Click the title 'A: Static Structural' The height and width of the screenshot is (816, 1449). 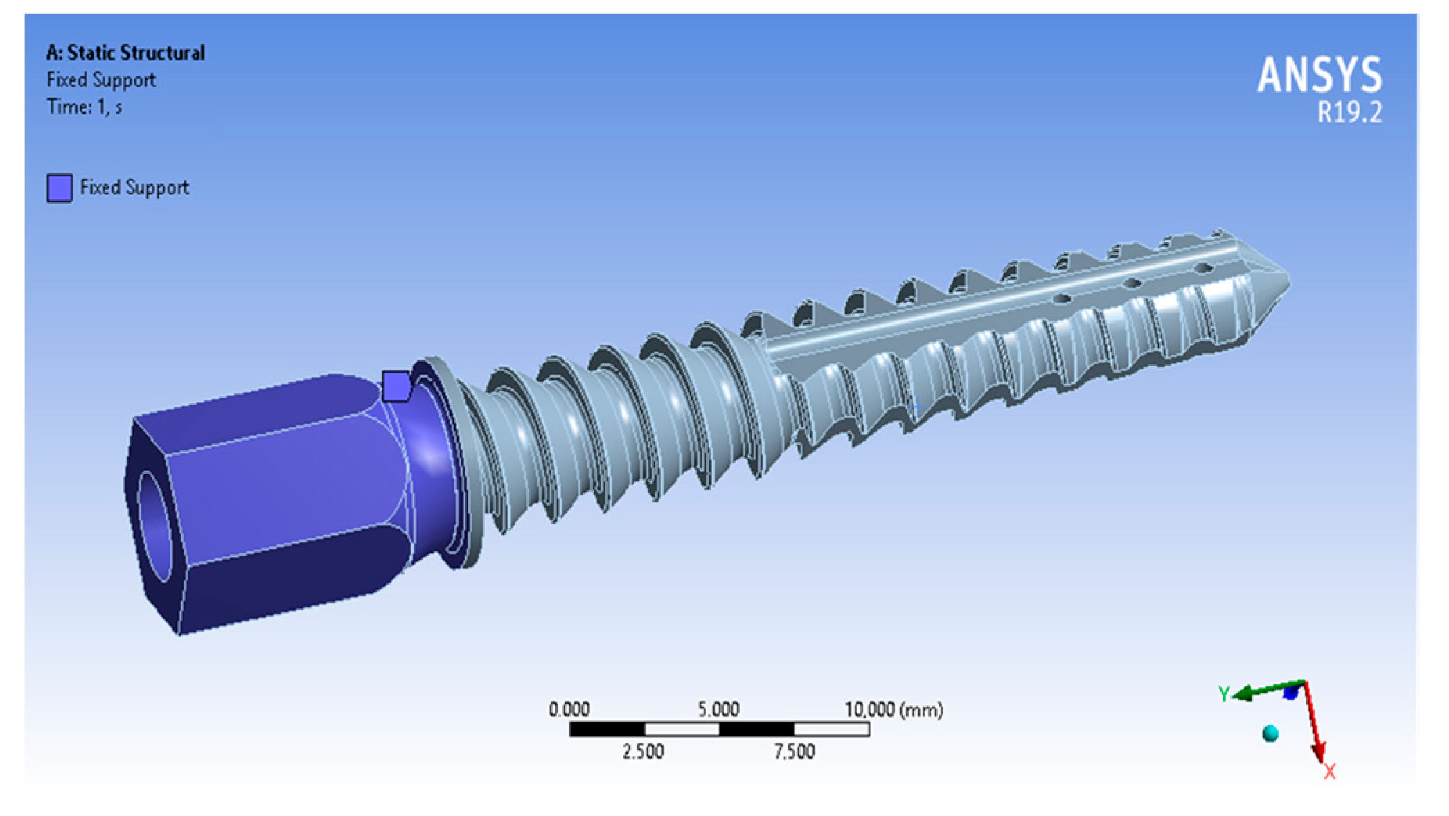pyautogui.click(x=125, y=53)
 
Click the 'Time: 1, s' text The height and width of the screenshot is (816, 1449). pyautogui.click(x=85, y=107)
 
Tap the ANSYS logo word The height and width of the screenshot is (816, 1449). pyautogui.click(x=1319, y=75)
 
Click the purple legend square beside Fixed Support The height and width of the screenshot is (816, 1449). pyautogui.click(x=60, y=188)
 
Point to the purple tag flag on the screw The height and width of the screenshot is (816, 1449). pyautogui.click(x=396, y=386)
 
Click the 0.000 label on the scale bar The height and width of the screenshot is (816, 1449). pyautogui.click(x=569, y=709)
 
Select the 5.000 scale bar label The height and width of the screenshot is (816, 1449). pyautogui.click(x=719, y=709)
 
